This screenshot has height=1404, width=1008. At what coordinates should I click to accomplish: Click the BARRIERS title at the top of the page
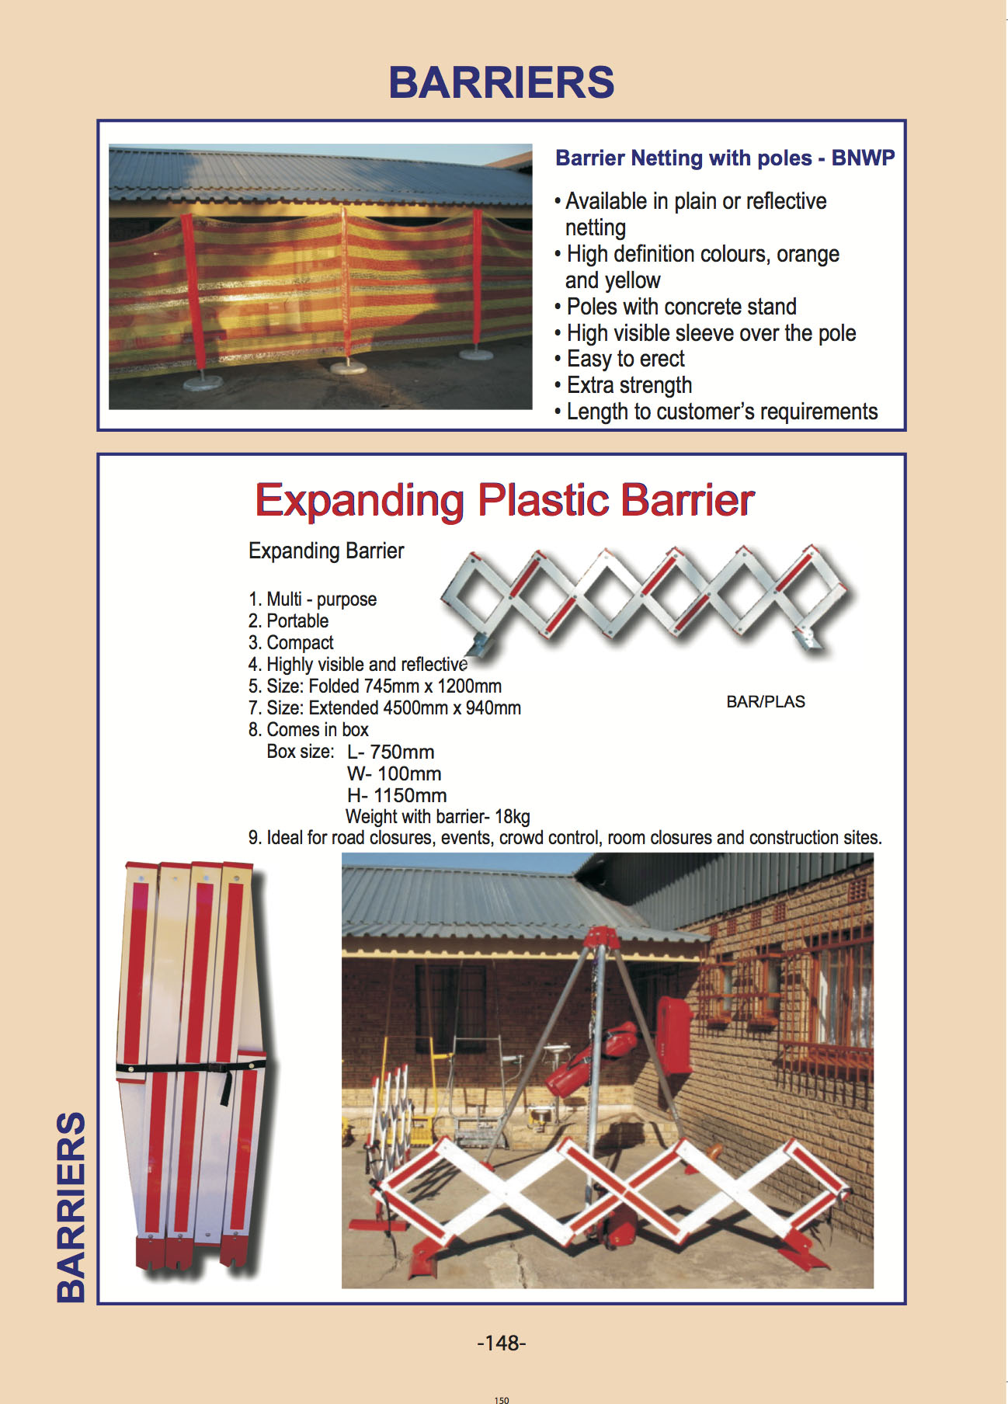502,82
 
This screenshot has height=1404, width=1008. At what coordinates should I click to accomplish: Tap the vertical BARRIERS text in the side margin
71,1207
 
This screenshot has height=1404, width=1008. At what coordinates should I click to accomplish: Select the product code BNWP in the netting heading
863,158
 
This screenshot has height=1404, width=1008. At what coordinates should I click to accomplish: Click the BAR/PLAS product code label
766,701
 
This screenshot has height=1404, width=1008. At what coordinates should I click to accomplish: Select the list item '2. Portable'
288,621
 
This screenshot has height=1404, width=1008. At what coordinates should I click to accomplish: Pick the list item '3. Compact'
291,643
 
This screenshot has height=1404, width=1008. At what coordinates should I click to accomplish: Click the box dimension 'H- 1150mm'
397,795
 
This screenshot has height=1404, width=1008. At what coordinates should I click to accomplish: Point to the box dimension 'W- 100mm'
395,773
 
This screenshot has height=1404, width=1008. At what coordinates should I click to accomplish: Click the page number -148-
502,1343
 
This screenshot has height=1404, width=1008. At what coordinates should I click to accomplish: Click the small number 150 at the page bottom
502,1400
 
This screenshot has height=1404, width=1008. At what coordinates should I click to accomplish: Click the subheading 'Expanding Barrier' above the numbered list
326,551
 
